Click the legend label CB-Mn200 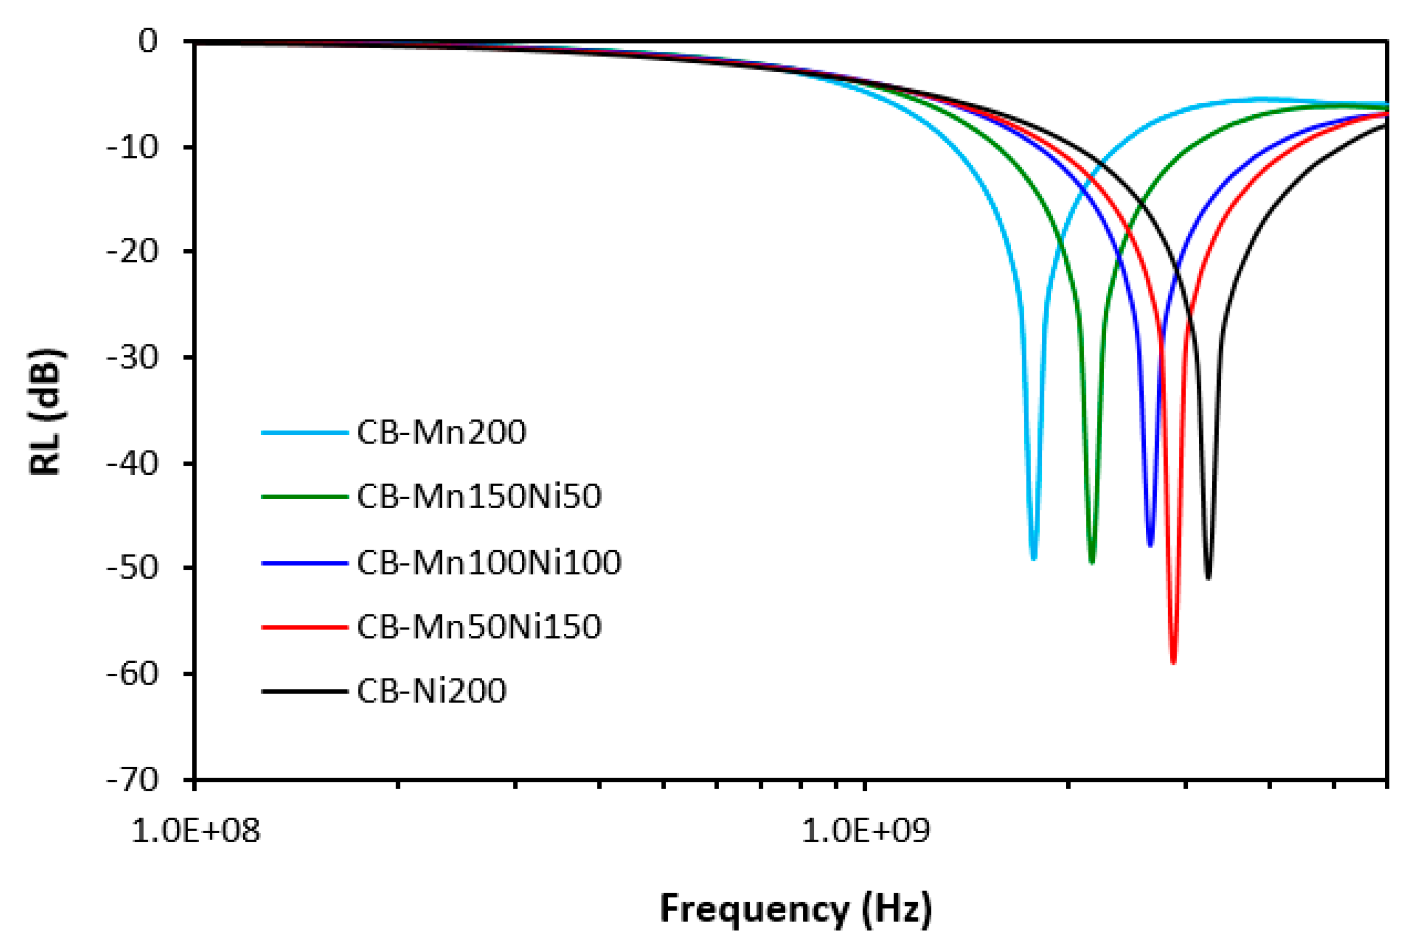coord(441,432)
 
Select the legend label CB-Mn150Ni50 coord(478,497)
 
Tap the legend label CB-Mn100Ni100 coord(489,562)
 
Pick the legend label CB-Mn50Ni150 coord(478,627)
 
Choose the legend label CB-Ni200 coord(431,690)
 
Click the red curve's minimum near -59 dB coord(1173,662)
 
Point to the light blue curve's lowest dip coord(1033,558)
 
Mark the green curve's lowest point coord(1092,562)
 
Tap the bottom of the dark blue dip coord(1150,545)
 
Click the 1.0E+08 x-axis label coord(195,831)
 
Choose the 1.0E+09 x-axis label coord(865,831)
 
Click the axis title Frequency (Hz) coord(795,909)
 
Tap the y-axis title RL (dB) coord(46,412)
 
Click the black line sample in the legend coord(304,690)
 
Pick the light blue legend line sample coord(304,433)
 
